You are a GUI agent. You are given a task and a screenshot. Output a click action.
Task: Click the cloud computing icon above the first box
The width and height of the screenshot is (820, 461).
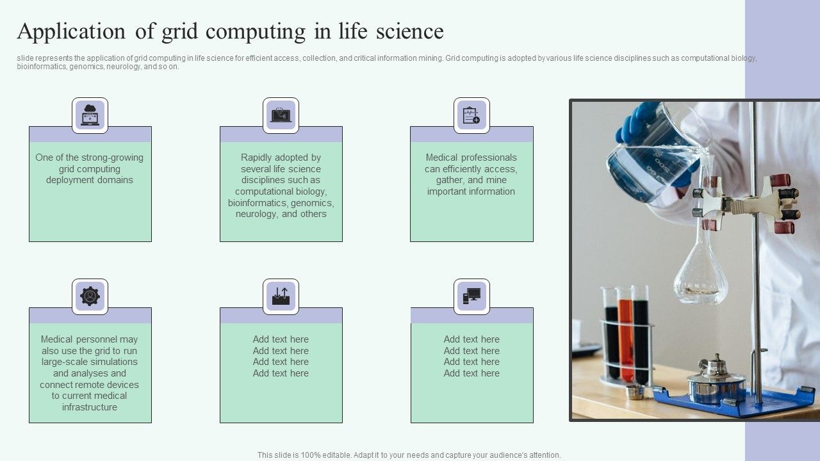click(x=90, y=115)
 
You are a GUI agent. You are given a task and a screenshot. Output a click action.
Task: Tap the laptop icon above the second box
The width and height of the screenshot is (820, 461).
click(x=281, y=115)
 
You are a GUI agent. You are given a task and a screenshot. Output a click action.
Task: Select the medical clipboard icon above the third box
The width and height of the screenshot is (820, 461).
click(x=471, y=115)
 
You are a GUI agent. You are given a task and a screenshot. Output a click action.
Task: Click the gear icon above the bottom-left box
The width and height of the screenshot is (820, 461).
click(x=90, y=296)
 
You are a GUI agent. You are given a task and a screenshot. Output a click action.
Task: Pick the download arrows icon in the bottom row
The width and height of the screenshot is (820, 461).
click(x=281, y=296)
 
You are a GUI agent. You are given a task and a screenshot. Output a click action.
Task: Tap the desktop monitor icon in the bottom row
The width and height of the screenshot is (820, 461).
click(x=471, y=296)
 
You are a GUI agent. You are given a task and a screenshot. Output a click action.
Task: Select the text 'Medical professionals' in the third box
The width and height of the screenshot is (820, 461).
click(x=471, y=158)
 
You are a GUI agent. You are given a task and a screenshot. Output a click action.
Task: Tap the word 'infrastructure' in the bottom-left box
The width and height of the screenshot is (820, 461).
click(x=90, y=407)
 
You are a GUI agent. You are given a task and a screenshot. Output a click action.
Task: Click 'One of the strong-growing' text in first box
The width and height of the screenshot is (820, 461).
click(x=90, y=158)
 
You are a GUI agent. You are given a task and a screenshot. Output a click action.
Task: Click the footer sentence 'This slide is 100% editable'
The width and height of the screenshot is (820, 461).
click(x=409, y=455)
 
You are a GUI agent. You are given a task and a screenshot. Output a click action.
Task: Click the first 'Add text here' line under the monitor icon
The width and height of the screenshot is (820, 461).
click(x=471, y=339)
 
